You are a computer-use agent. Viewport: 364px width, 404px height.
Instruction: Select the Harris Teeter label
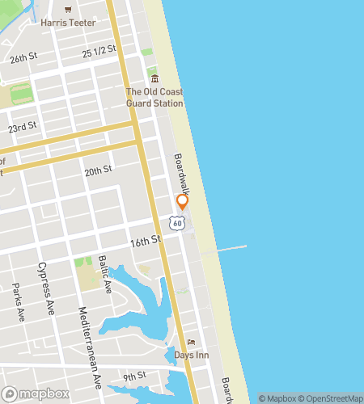point(68,23)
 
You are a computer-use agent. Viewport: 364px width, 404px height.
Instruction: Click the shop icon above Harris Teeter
point(68,11)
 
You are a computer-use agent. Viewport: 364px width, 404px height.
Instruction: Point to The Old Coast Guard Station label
point(154,97)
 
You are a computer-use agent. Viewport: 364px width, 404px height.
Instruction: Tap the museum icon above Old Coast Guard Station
point(154,78)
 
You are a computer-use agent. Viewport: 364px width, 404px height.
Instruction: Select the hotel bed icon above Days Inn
point(192,342)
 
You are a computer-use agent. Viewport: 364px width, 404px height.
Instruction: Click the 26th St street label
point(23,58)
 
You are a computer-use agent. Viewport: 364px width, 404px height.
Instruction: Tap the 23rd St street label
point(23,128)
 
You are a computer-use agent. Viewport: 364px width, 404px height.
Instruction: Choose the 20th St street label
point(97,170)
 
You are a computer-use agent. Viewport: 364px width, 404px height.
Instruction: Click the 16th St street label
point(146,241)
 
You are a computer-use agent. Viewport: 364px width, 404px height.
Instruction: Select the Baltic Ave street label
point(104,273)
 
